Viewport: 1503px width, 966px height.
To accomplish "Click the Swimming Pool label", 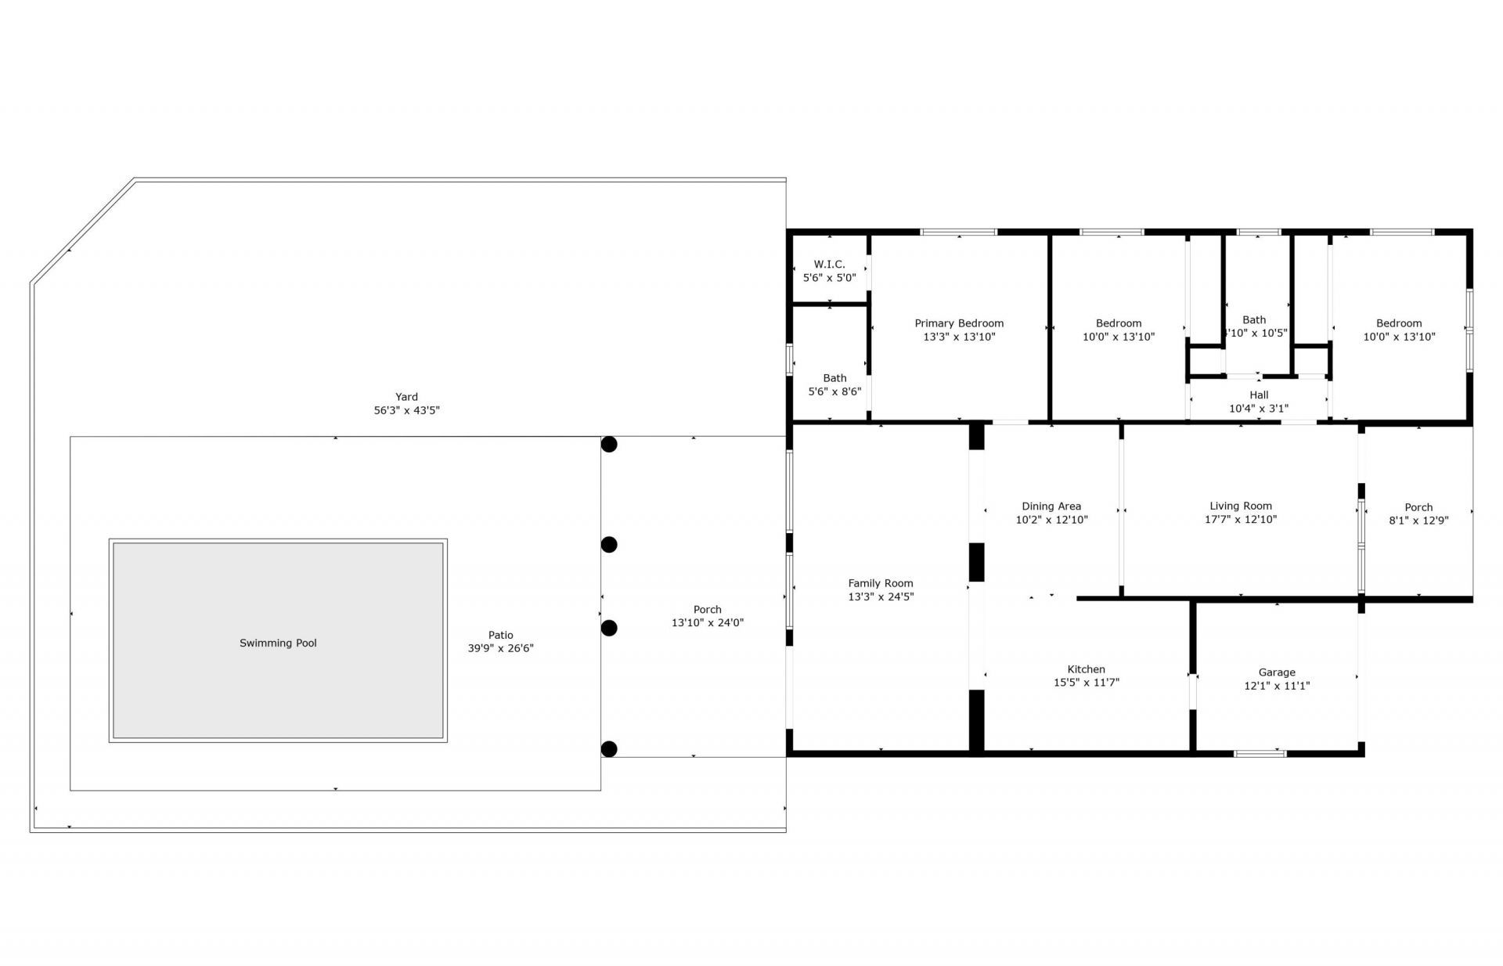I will (x=278, y=643).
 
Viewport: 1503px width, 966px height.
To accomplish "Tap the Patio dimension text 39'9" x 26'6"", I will (x=500, y=648).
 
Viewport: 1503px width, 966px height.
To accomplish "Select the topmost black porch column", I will (x=609, y=445).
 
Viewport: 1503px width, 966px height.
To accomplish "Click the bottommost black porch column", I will (x=609, y=749).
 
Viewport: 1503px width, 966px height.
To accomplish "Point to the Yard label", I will (x=406, y=397).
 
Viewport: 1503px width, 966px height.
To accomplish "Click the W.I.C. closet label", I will (x=829, y=265).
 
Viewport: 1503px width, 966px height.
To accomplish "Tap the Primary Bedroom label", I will (x=959, y=323).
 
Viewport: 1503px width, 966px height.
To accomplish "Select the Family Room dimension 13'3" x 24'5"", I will (x=881, y=597).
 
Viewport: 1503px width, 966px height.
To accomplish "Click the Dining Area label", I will (x=1051, y=506).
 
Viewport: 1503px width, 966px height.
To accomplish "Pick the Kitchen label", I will (x=1086, y=669).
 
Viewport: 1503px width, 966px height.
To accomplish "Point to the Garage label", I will (x=1277, y=672).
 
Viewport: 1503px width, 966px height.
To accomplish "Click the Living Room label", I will (x=1241, y=506).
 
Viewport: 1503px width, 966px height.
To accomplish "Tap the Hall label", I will (x=1259, y=395).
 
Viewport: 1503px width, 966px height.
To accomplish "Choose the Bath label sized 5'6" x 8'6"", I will (x=834, y=378).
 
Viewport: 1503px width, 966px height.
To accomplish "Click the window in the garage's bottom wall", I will (x=1260, y=753).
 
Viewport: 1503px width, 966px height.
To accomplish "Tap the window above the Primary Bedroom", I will (x=958, y=232).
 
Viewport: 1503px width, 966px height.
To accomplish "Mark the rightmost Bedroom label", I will (x=1399, y=323).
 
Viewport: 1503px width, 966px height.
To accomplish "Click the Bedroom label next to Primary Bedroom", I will (x=1118, y=323).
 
